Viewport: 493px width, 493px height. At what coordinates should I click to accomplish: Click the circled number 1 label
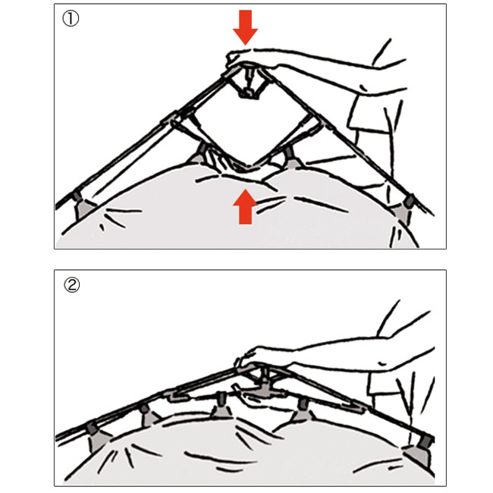pos(71,19)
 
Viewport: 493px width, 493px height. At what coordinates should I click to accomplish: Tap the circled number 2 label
pos(72,285)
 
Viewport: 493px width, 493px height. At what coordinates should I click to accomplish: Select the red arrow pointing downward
pos(245,27)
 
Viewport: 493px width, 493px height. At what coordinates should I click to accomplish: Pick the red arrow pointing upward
pos(245,206)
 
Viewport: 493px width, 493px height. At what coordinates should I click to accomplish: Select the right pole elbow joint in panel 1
pos(315,121)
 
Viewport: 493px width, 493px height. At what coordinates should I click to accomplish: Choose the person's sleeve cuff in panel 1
pos(368,113)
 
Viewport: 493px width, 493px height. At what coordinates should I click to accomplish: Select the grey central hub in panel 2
pos(263,388)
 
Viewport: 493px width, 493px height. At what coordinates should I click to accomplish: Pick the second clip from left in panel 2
pos(149,414)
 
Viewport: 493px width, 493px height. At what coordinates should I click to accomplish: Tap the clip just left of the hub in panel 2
pos(221,406)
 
